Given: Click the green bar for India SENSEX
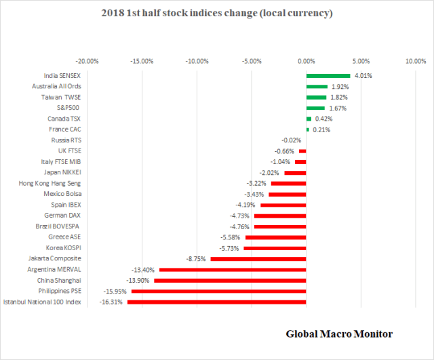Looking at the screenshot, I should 328,76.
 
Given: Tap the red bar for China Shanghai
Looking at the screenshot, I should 230,280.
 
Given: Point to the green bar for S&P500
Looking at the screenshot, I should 315,108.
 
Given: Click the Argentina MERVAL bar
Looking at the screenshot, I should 233,269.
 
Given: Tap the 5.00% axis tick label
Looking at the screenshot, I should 361,60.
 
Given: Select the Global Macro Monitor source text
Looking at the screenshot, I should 338,334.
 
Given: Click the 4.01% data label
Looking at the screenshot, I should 363,76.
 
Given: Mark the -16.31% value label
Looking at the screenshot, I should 111,302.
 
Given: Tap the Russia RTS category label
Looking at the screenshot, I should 66,140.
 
